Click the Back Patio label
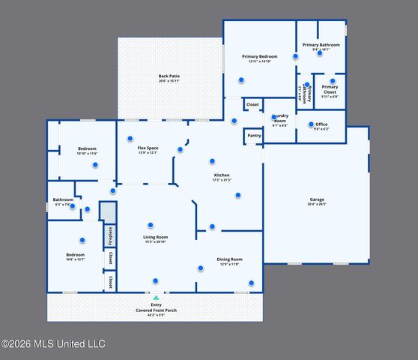pos(169,76)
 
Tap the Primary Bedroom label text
pos(259,57)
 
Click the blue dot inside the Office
pos(311,124)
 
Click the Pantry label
pos(254,136)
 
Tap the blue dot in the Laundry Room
pos(273,117)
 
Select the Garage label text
pos(317,200)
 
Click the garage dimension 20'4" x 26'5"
pos(317,205)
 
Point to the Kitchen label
pos(222,175)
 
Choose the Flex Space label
pos(148,148)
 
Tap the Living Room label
pos(156,238)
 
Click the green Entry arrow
pos(156,298)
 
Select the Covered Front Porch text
pos(156,310)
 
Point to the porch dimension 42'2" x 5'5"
pos(156,315)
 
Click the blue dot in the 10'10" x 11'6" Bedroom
pos(95,165)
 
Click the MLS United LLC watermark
pos(53,344)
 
